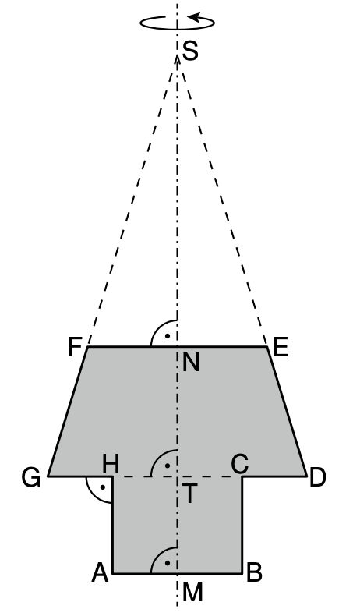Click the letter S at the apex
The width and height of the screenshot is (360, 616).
190,53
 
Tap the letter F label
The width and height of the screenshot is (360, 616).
76,347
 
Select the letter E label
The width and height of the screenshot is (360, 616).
281,347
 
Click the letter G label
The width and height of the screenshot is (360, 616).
31,478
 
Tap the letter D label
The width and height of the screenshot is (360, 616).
317,478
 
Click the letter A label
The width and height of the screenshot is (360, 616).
99,574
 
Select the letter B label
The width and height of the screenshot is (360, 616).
254,574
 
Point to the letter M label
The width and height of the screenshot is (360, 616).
192,594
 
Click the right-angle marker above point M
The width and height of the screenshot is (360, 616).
165,561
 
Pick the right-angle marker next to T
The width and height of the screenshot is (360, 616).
165,465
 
